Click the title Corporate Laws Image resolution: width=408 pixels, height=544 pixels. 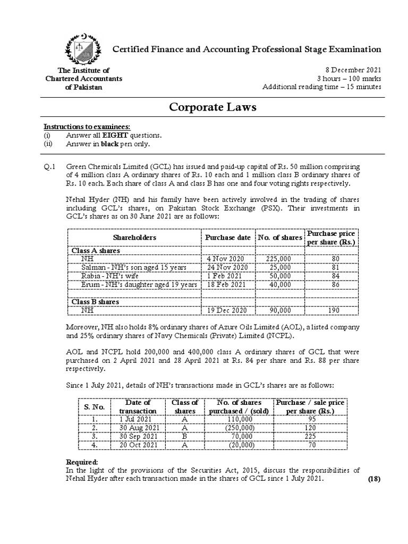click(212, 107)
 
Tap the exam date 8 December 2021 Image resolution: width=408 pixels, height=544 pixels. click(353, 70)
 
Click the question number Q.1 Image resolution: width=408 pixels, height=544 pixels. click(49, 167)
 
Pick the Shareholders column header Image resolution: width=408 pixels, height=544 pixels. click(134, 237)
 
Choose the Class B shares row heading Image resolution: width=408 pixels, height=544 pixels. click(95, 301)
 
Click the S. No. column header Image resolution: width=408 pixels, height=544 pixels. click(94, 406)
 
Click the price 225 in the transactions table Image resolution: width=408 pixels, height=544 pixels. click(310, 436)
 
